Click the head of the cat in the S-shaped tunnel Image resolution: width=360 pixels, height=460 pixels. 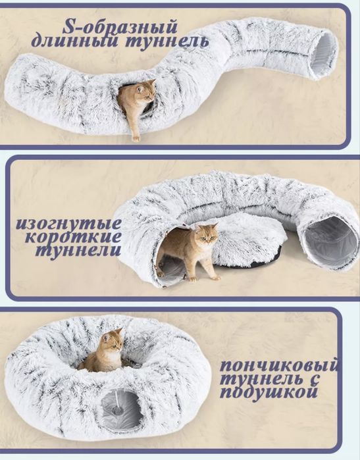145,89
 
